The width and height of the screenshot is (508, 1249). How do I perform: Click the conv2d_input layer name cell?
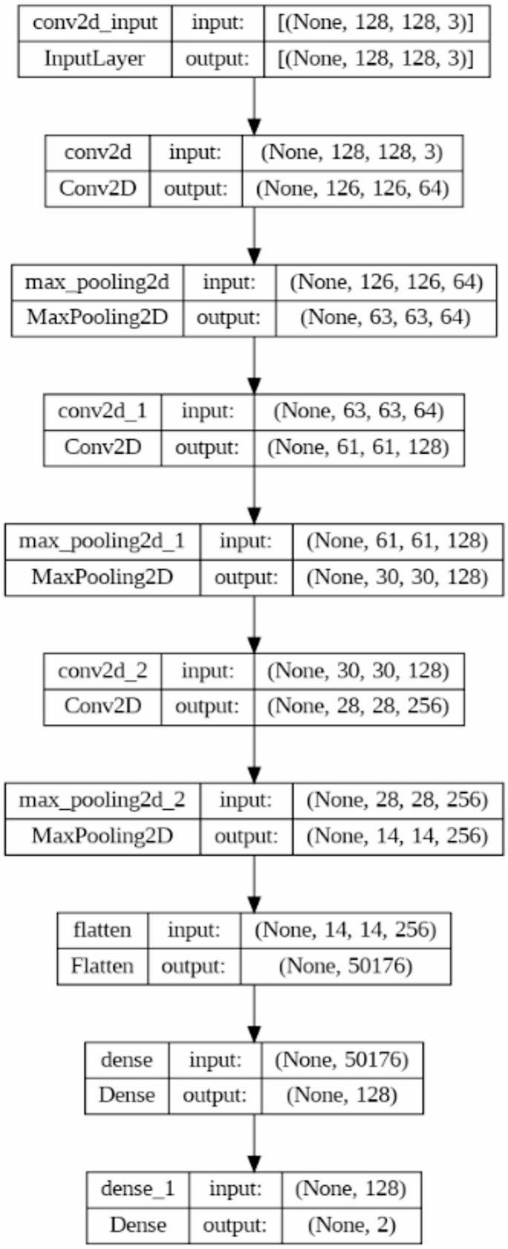pyautogui.click(x=95, y=23)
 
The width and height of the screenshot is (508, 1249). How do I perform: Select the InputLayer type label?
pyautogui.click(x=95, y=59)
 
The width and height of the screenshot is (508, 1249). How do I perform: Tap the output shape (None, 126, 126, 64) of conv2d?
pyautogui.click(x=352, y=188)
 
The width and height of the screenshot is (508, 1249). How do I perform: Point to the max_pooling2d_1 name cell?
pyautogui.click(x=102, y=541)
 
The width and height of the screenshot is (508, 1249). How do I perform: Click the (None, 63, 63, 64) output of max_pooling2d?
pyautogui.click(x=386, y=317)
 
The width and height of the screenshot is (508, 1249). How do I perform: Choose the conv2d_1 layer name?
pyautogui.click(x=102, y=412)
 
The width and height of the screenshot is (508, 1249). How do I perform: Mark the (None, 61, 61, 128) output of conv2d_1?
pyautogui.click(x=358, y=447)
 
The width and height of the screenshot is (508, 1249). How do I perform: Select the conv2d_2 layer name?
pyautogui.click(x=102, y=671)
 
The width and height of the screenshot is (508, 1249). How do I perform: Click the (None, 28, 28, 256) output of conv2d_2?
pyautogui.click(x=358, y=705)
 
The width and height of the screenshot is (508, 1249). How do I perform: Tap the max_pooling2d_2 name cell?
pyautogui.click(x=102, y=801)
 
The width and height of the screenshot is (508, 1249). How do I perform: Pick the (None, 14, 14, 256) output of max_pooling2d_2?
pyautogui.click(x=398, y=837)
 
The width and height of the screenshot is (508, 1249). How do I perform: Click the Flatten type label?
pyautogui.click(x=102, y=966)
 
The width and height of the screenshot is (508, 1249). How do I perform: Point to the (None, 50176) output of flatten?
pyautogui.click(x=346, y=966)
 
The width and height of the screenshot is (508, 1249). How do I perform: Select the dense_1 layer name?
pyautogui.click(x=138, y=1189)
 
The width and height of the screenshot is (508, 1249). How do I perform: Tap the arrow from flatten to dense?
pyautogui.click(x=254, y=1013)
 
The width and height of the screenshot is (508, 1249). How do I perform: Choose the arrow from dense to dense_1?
pyautogui.click(x=254, y=1143)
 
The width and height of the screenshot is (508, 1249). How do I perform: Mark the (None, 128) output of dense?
pyautogui.click(x=342, y=1095)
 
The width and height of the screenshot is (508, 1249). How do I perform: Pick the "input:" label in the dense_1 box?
pyautogui.click(x=235, y=1189)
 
